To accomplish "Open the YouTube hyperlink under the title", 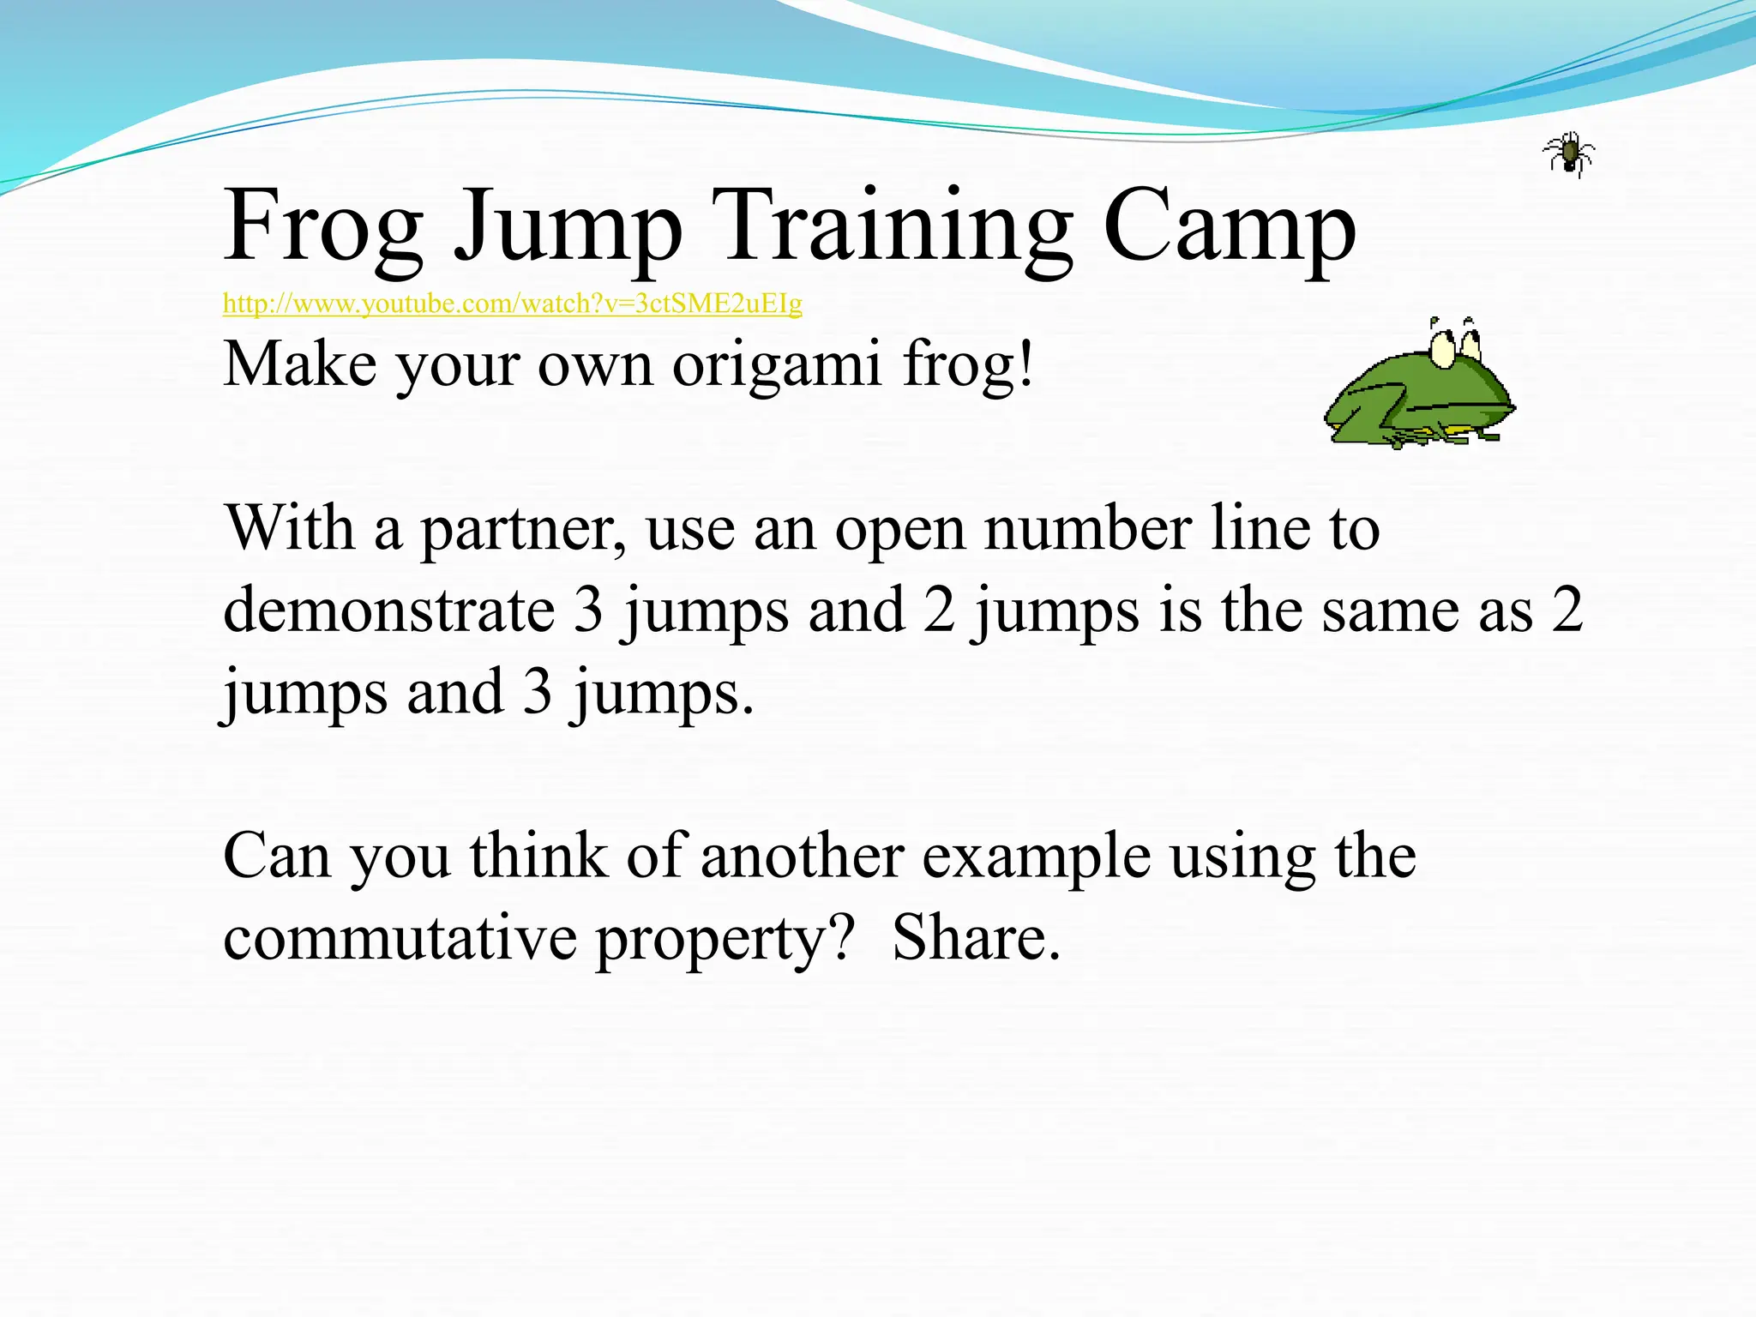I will (x=512, y=304).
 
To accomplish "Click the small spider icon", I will (x=1568, y=155).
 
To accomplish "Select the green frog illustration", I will (x=1419, y=390).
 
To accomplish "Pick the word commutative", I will (x=400, y=939).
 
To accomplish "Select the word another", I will (x=802, y=857).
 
